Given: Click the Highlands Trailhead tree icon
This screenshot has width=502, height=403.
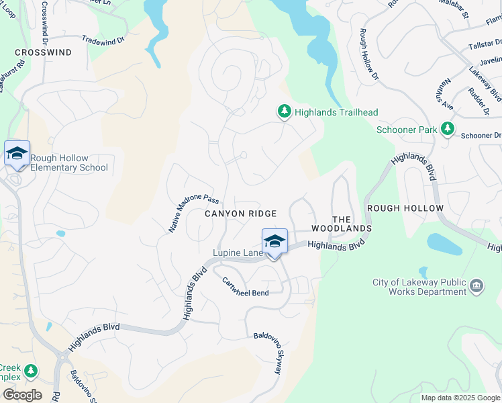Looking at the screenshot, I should tap(285, 112).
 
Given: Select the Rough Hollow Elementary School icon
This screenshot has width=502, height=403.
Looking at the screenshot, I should tap(17, 154).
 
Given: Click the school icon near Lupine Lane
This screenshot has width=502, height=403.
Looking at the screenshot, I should tap(274, 241).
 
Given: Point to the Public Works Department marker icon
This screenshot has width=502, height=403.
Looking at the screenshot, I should tap(476, 287).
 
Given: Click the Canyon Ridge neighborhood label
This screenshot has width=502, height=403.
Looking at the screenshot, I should tap(241, 214).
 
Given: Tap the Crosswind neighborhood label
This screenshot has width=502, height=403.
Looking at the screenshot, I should tap(43, 52).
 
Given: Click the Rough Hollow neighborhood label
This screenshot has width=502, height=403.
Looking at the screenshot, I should tap(415, 208).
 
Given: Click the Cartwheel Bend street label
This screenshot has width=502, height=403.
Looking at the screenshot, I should tap(246, 287).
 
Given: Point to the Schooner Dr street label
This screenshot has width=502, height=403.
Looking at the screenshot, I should tap(481, 136).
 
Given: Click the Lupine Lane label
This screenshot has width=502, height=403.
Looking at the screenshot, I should tap(238, 253).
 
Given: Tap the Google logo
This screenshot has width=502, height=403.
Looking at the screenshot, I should tap(22, 395).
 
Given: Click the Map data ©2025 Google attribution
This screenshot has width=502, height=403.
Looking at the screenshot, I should tap(460, 398).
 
